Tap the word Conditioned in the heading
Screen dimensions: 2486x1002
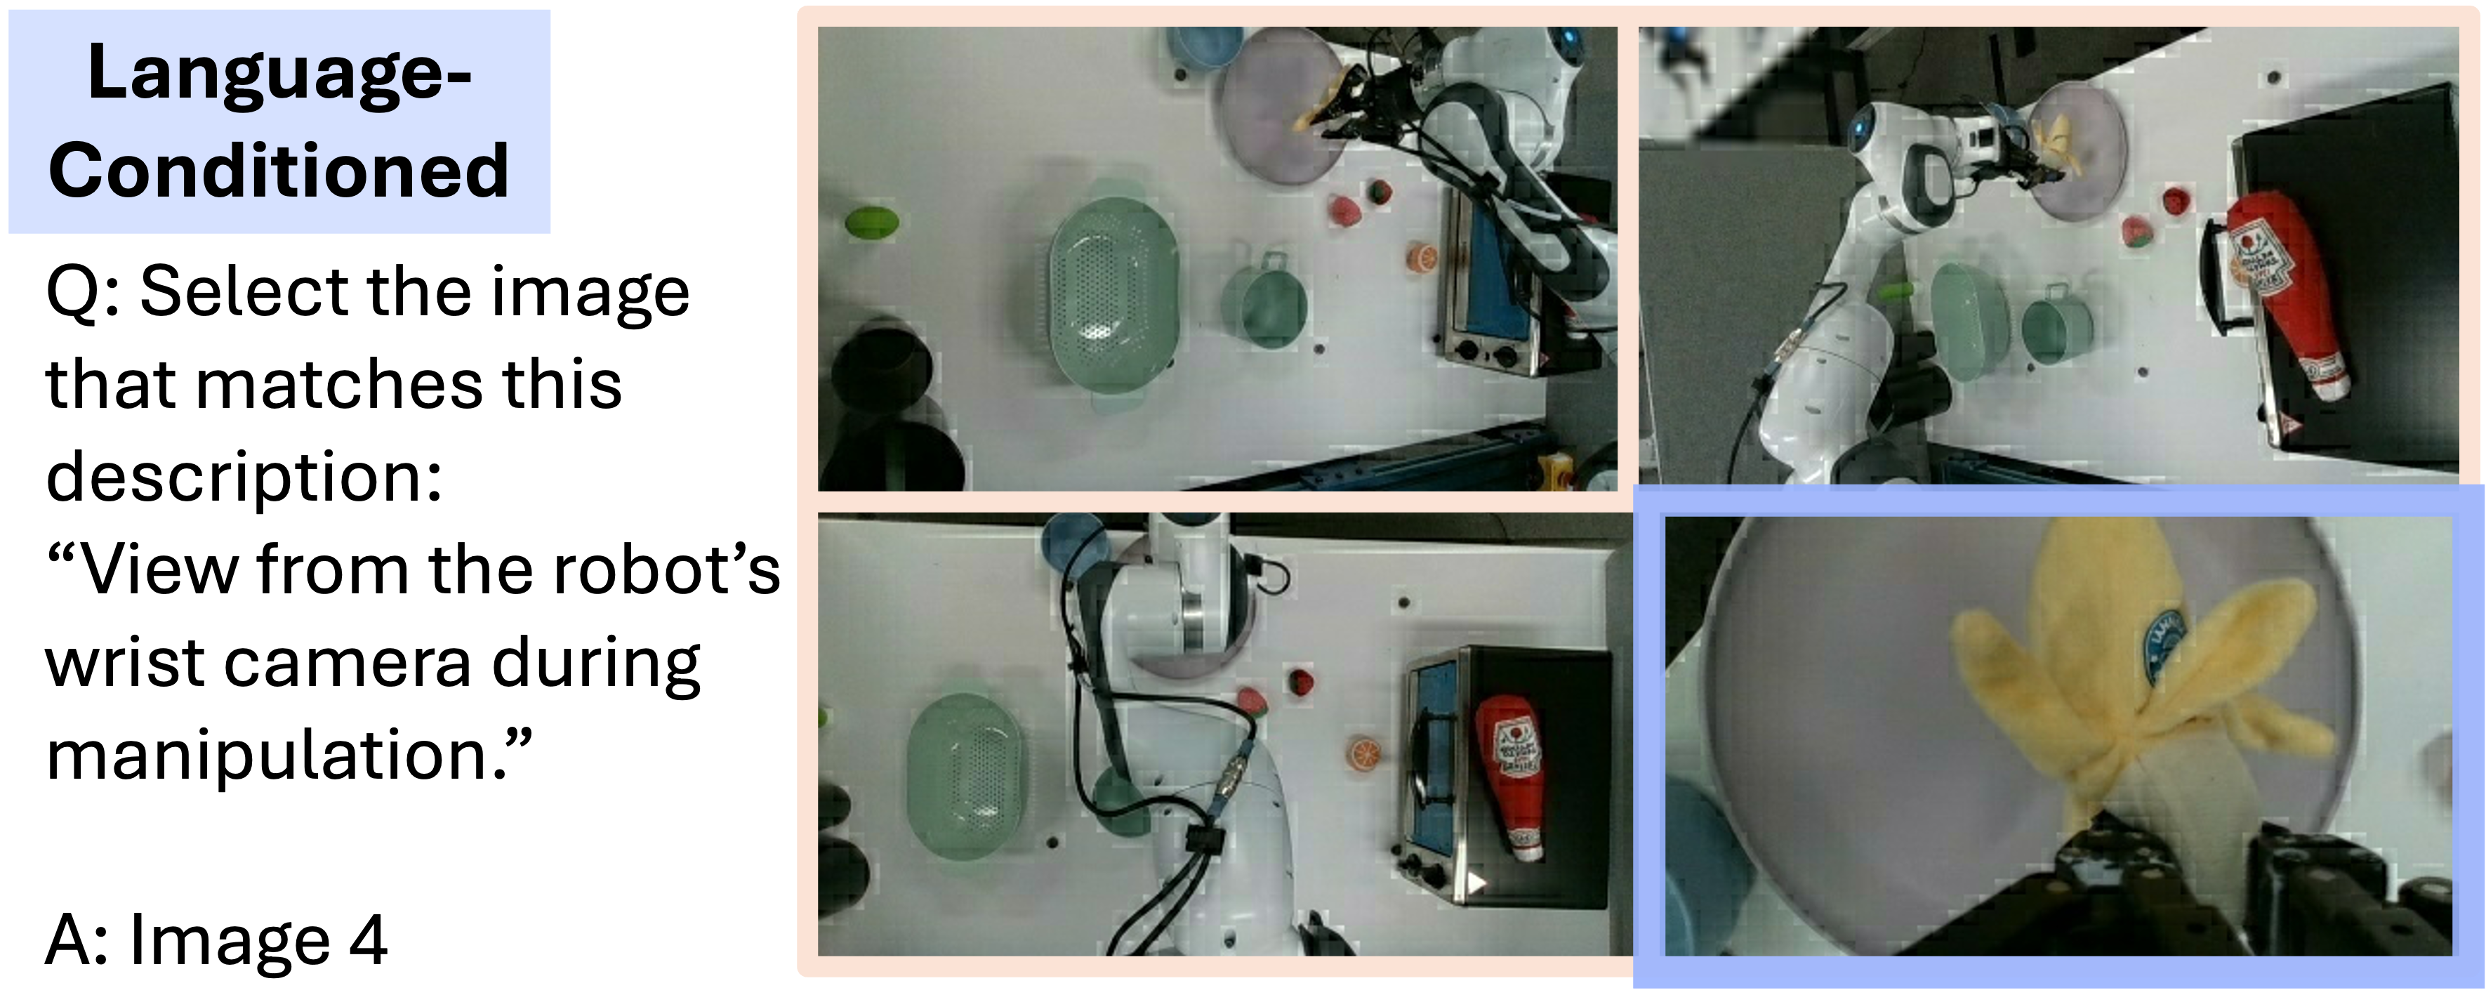[x=279, y=170]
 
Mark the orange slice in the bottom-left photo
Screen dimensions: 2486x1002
[x=1363, y=752]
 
